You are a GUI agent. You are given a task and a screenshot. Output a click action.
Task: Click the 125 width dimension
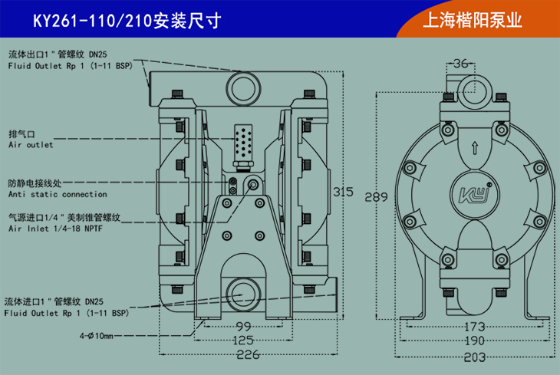click(x=244, y=340)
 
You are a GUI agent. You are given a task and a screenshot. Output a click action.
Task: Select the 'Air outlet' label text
click(x=31, y=144)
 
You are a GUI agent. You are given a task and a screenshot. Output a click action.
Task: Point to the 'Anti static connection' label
click(x=58, y=195)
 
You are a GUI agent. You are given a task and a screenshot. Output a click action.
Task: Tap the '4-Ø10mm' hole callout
click(x=95, y=336)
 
